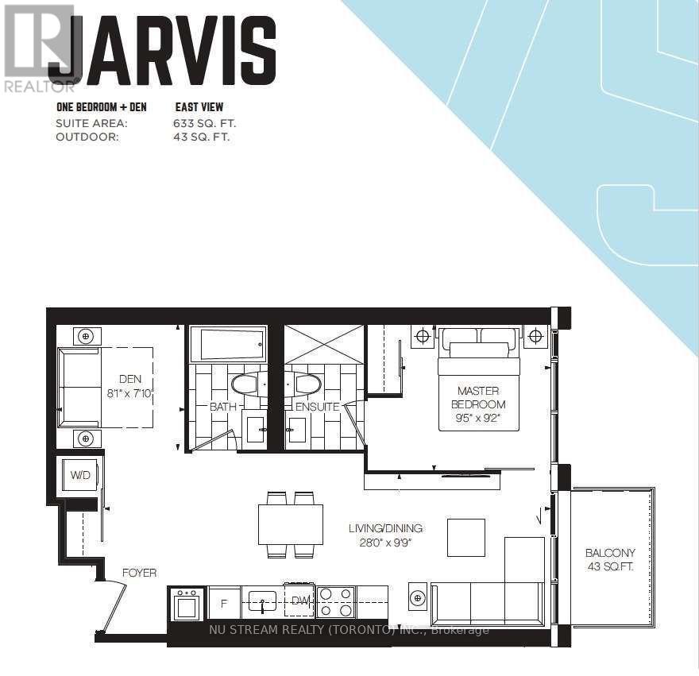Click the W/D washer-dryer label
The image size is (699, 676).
pyautogui.click(x=80, y=475)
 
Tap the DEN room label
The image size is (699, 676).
pyautogui.click(x=130, y=379)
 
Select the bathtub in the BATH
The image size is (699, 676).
pyautogui.click(x=229, y=344)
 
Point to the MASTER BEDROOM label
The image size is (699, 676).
pyautogui.click(x=478, y=398)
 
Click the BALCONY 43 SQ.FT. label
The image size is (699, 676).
pyautogui.click(x=610, y=559)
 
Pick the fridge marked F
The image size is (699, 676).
pyautogui.click(x=224, y=603)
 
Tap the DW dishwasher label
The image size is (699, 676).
pyautogui.click(x=300, y=601)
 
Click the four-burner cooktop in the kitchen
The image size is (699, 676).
pyautogui.click(x=336, y=602)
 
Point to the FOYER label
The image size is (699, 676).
pyautogui.click(x=139, y=573)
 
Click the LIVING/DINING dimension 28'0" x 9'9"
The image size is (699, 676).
pyautogui.click(x=384, y=543)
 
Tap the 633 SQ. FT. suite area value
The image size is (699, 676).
pyautogui.click(x=205, y=123)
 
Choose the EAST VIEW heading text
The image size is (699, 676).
pyautogui.click(x=199, y=107)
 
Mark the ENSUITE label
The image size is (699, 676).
pyautogui.click(x=318, y=407)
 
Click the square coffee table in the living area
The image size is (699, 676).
pyautogui.click(x=466, y=537)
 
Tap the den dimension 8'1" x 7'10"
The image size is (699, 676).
pyautogui.click(x=130, y=393)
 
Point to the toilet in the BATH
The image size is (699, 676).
pyautogui.click(x=245, y=384)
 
